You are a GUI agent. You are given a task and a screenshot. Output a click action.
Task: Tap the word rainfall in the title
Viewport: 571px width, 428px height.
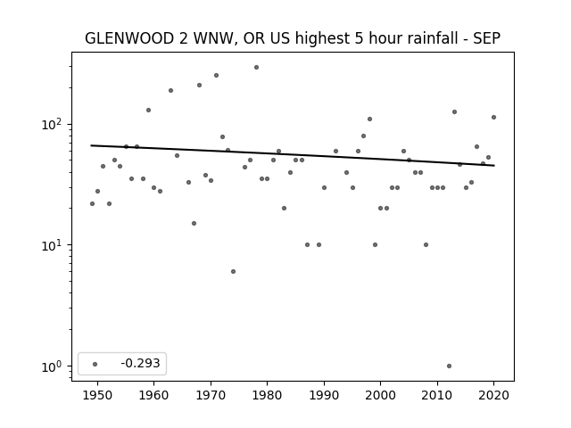coord(437,38)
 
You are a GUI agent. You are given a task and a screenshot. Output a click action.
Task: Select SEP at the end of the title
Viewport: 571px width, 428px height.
coord(487,38)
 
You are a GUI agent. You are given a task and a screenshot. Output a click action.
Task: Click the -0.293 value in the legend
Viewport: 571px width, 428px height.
coord(140,363)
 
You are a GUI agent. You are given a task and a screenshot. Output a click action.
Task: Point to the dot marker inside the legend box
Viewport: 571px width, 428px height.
coord(95,364)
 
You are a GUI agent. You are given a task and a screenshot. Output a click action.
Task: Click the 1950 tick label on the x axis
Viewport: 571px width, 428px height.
coord(97,395)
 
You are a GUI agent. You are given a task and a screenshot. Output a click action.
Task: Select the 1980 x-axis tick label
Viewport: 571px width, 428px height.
coord(267,395)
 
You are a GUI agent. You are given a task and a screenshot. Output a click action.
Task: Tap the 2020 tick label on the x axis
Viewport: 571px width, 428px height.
coord(493,395)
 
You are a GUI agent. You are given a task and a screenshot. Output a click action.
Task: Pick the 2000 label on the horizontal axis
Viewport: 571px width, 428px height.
coord(380,395)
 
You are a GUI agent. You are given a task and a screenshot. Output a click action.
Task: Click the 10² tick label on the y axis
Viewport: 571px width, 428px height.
coord(54,124)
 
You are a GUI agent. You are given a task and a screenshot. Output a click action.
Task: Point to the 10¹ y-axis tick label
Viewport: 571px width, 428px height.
coord(54,245)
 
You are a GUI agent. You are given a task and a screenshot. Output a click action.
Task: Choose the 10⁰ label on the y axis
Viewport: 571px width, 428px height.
coord(54,366)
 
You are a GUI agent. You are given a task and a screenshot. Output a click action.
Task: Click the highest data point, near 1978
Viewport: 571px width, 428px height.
coord(256,68)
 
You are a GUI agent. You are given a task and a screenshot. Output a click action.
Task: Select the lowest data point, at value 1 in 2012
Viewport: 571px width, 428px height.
coord(449,366)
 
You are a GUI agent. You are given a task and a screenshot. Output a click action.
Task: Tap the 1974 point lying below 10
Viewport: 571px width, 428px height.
coord(233,271)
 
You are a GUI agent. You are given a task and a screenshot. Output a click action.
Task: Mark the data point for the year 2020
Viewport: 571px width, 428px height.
coord(493,117)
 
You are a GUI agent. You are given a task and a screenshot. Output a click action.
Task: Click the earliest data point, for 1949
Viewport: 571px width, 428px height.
coord(92,204)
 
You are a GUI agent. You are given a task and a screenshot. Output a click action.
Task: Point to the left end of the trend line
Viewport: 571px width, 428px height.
coord(91,145)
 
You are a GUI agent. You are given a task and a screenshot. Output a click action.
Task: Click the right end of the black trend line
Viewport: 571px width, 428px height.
coord(494,166)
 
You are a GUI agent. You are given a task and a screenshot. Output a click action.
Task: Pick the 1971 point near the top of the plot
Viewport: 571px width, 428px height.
coord(216,75)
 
